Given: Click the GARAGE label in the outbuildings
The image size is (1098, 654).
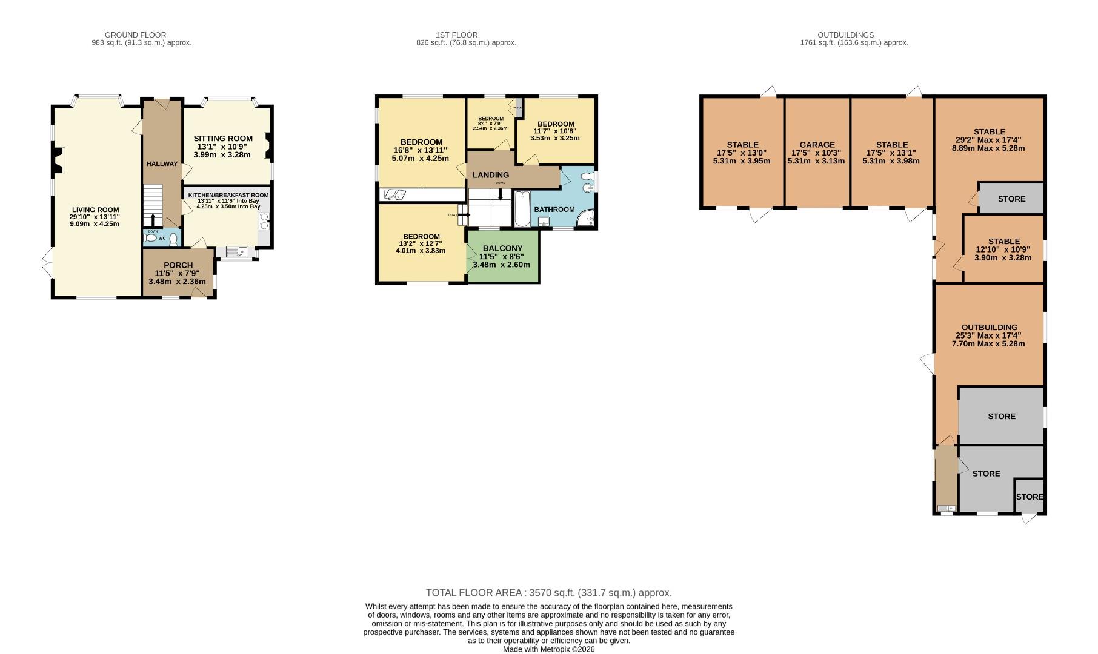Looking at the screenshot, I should tap(817, 145).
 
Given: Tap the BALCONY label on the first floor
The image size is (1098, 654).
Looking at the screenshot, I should tap(502, 248).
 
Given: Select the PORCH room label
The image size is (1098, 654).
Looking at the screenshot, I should tap(178, 265).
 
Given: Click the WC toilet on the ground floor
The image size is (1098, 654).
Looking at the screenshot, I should tap(174, 239).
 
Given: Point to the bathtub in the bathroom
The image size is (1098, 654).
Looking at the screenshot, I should tap(522, 210).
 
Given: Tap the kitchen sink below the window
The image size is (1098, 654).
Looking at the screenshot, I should tap(236, 251).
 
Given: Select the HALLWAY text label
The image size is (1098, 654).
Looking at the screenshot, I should tap(162, 164).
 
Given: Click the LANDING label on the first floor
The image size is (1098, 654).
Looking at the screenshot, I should tap(490, 175).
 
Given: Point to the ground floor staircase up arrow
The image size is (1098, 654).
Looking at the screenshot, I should tap(153, 219).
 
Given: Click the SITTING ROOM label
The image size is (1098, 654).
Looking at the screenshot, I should tap(223, 139).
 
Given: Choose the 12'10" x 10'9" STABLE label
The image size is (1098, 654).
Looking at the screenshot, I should tap(1003, 241).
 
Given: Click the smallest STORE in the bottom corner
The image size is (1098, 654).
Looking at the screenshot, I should tap(1029, 497).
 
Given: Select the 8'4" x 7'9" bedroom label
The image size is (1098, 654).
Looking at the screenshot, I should tap(490, 119).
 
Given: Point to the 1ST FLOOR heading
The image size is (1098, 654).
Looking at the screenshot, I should tap(456, 35).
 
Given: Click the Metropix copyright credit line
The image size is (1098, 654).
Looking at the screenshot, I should tap(548, 649).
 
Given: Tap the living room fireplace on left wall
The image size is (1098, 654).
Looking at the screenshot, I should tap(56, 160).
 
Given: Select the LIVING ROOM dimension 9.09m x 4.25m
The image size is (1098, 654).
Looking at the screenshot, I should tap(95, 224).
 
